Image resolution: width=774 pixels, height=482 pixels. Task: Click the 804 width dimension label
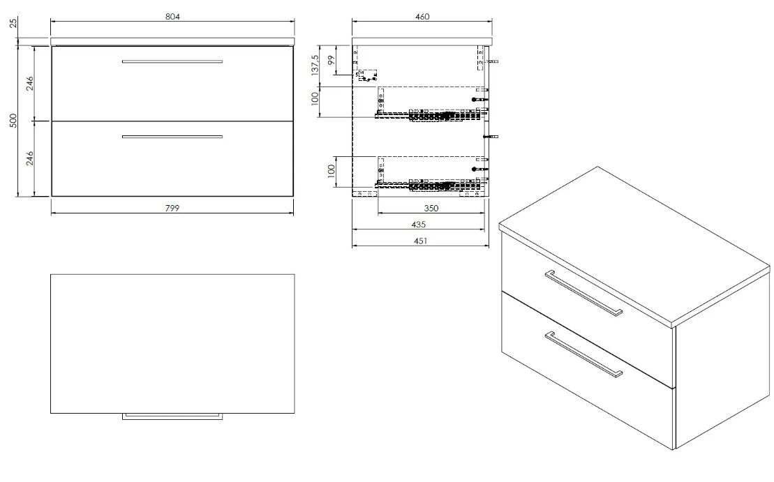[x=172, y=16]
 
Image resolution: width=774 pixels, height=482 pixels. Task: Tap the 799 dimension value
[x=172, y=208]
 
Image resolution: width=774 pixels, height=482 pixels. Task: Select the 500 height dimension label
[x=14, y=121]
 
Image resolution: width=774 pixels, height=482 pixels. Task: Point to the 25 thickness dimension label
[x=14, y=22]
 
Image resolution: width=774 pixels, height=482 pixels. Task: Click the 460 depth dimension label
[x=422, y=16]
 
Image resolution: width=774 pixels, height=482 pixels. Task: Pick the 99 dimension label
[x=332, y=60]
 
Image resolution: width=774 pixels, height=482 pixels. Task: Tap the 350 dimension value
[x=431, y=208]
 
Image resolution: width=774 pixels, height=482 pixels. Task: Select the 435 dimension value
[x=418, y=225]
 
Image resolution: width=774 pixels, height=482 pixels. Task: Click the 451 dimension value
[x=420, y=241]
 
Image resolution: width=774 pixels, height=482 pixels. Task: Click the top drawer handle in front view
[x=172, y=61]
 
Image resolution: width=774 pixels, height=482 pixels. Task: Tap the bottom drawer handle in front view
[x=172, y=137]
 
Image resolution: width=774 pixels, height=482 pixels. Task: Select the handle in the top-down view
[x=172, y=417]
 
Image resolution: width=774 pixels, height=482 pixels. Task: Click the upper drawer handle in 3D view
[x=583, y=292]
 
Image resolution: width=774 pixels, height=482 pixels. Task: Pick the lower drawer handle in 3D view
[x=583, y=354]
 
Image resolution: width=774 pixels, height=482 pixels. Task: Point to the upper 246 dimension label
[x=29, y=84]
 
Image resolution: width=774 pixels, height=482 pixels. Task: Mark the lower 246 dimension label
[x=29, y=158]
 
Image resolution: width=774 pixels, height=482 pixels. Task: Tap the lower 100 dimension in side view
[x=332, y=171]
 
